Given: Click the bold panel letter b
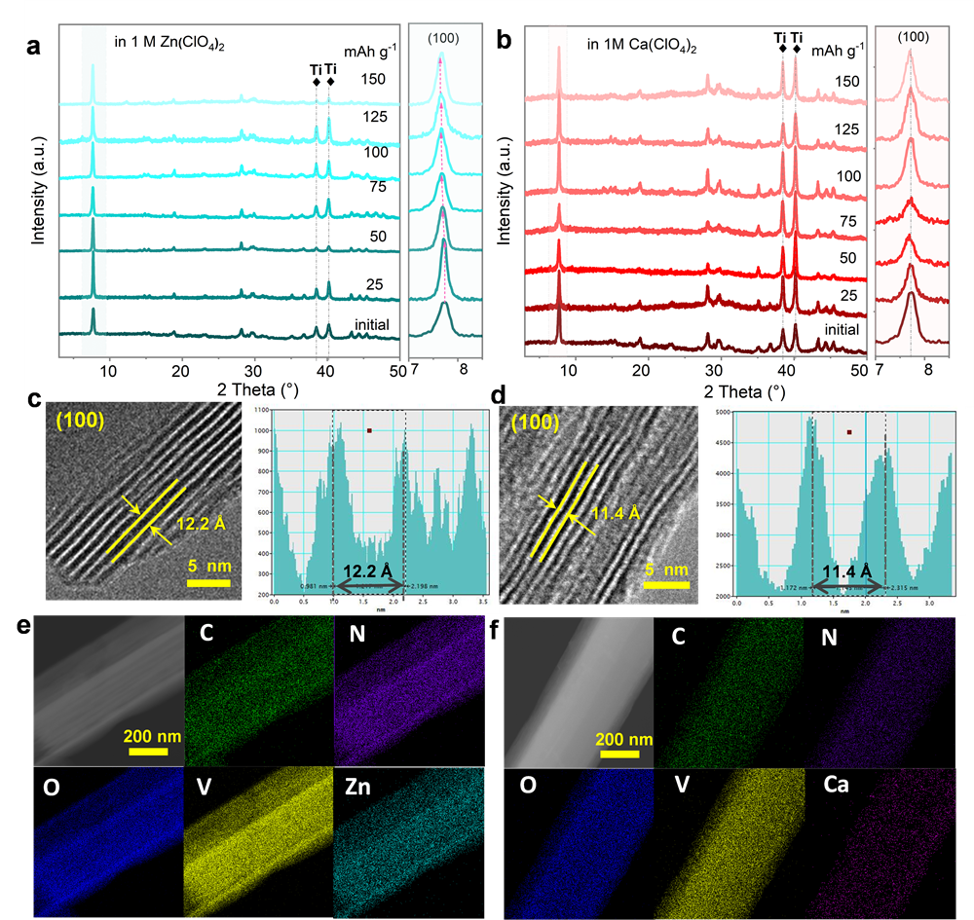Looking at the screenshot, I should click(x=504, y=43).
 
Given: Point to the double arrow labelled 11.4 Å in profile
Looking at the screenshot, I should click(x=848, y=586).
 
